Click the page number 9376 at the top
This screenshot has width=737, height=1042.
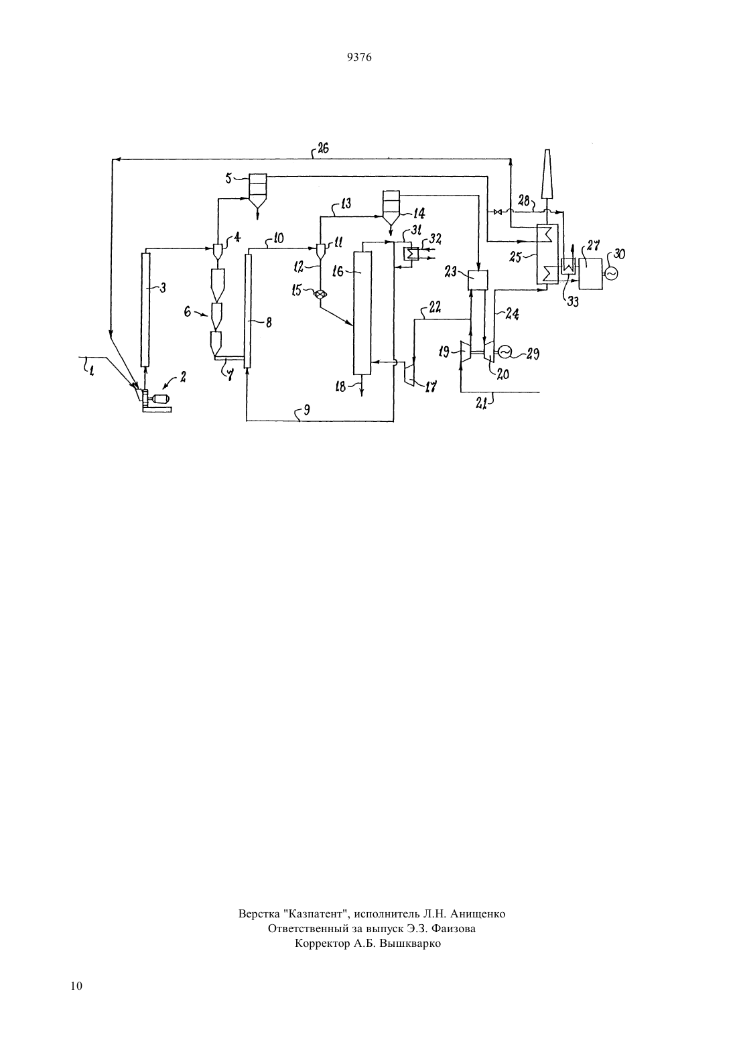(359, 57)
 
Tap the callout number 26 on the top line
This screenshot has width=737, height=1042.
(323, 149)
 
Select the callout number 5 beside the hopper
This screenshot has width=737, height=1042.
(228, 178)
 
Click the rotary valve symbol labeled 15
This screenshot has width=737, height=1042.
(320, 294)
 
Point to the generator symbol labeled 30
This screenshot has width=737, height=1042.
(610, 273)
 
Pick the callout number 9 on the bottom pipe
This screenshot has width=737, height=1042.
(306, 410)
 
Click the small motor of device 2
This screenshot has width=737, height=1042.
(160, 398)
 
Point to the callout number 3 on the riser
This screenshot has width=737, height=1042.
(163, 288)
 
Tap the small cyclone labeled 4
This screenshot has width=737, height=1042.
(217, 251)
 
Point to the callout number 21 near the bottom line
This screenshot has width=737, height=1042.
(482, 404)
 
